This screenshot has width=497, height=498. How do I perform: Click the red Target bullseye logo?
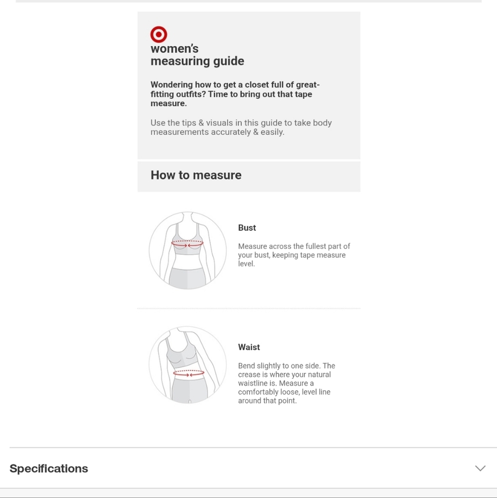point(159,34)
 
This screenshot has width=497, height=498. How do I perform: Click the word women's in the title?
point(174,49)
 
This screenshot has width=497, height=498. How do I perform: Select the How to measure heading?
point(196,175)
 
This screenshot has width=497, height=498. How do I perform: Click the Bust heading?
point(247,228)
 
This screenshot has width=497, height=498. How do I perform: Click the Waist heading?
point(249,347)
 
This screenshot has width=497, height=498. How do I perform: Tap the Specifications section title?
point(49,469)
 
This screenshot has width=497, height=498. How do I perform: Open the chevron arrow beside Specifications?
point(480,468)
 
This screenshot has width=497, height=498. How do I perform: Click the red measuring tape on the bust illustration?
point(187,244)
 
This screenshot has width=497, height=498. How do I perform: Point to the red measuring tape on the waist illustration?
point(188,373)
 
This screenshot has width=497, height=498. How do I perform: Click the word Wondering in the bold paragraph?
point(171,85)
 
